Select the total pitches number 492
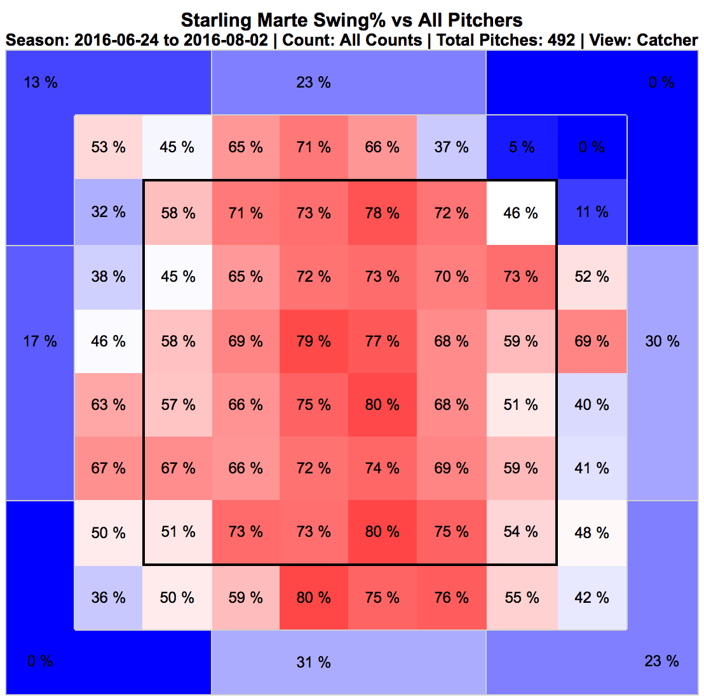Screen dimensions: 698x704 pyautogui.click(x=560, y=40)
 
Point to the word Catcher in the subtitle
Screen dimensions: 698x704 pyautogui.click(x=667, y=40)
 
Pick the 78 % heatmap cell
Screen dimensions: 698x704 pyautogui.click(x=382, y=213)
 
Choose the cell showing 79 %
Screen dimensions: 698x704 pyautogui.click(x=313, y=341)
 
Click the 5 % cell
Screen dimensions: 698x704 pyautogui.click(x=522, y=147)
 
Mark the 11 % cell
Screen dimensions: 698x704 pyautogui.click(x=592, y=212)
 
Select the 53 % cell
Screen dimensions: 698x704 pyautogui.click(x=108, y=147)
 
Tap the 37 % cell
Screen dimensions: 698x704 pyautogui.click(x=452, y=147)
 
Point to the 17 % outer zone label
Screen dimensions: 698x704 pyautogui.click(x=40, y=341)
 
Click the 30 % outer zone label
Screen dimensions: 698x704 pyautogui.click(x=662, y=341)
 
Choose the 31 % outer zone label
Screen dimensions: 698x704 pyautogui.click(x=313, y=662)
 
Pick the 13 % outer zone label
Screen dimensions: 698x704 pyautogui.click(x=40, y=82)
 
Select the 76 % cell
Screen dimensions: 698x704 pyautogui.click(x=452, y=598)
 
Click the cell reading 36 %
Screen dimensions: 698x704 pyautogui.click(x=108, y=598)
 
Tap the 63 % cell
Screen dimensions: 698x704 pyautogui.click(x=108, y=405)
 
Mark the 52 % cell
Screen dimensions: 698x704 pyautogui.click(x=592, y=277)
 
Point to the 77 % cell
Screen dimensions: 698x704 pyautogui.click(x=382, y=341)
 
